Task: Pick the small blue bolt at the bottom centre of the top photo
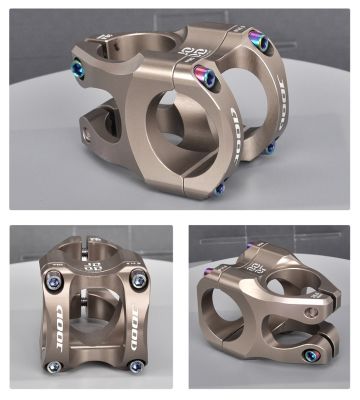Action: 219,188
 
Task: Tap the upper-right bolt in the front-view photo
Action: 138,281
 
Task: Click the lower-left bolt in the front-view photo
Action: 56,366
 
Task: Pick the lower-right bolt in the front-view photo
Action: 135,367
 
